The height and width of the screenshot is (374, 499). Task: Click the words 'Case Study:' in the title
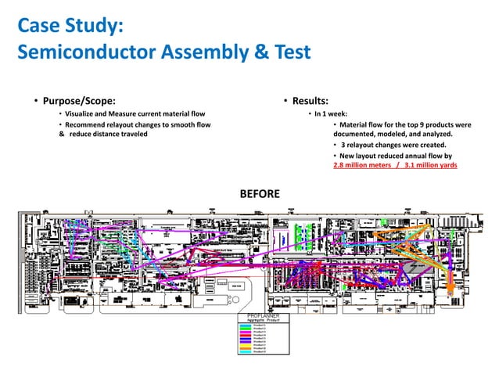point(70,27)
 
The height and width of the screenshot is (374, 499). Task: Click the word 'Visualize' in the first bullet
point(82,113)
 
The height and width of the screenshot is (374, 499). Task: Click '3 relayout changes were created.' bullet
point(393,145)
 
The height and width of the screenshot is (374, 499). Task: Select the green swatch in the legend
point(246,329)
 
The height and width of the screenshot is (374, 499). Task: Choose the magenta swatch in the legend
point(246,332)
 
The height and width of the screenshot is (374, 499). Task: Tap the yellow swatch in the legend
point(246,345)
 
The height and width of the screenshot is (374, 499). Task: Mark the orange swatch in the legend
point(246,348)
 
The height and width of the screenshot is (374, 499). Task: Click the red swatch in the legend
point(246,335)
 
